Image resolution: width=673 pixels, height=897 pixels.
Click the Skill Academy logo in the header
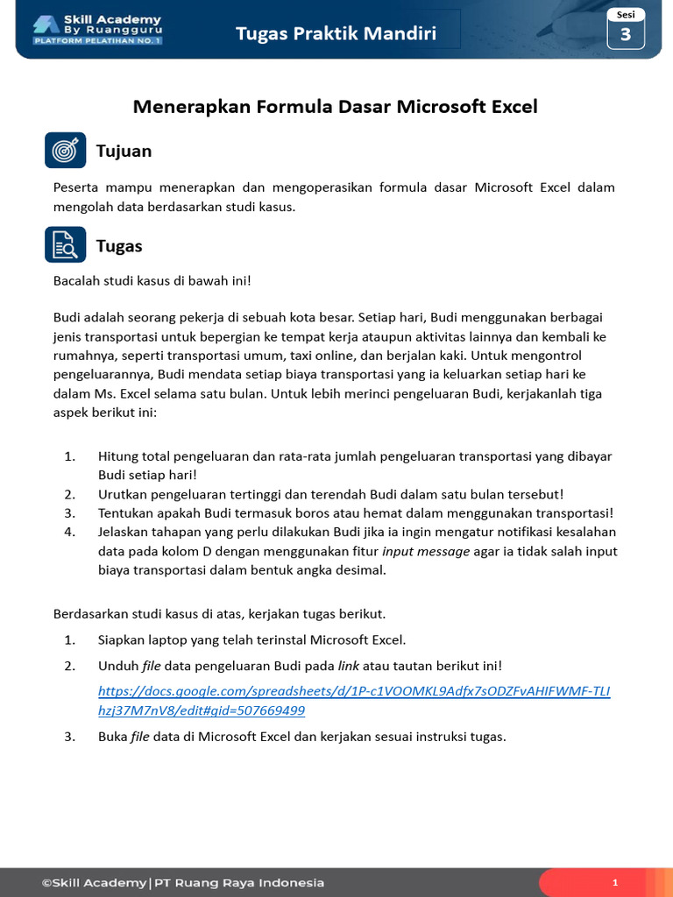pyautogui.click(x=97, y=28)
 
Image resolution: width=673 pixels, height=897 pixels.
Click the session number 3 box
pyautogui.click(x=626, y=34)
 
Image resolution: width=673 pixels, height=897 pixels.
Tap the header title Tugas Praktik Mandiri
pyautogui.click(x=336, y=34)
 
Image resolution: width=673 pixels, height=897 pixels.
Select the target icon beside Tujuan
pyautogui.click(x=66, y=151)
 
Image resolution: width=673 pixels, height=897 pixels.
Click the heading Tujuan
pyautogui.click(x=124, y=151)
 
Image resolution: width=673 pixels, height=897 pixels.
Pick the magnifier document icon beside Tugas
pyautogui.click(x=66, y=245)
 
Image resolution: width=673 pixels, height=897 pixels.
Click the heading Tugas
pyautogui.click(x=119, y=246)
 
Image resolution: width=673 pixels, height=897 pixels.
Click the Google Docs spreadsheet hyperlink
pyautogui.click(x=354, y=700)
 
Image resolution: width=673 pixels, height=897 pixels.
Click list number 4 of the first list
pyautogui.click(x=70, y=532)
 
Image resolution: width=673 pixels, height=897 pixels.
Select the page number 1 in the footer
pyautogui.click(x=615, y=882)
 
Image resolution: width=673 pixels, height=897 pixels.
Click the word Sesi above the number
pyautogui.click(x=626, y=14)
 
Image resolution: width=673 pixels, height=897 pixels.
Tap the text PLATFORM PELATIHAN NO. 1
pyautogui.click(x=97, y=40)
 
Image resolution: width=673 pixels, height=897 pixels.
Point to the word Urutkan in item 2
pyautogui.click(x=124, y=494)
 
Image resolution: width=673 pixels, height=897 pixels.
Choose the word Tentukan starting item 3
pyautogui.click(x=127, y=512)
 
